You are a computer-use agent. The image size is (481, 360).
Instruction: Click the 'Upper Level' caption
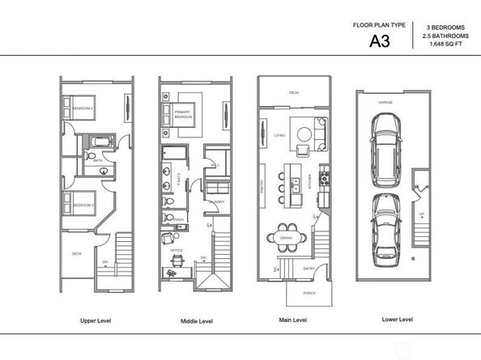pos(96,321)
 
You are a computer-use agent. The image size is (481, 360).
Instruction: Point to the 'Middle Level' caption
pos(196,321)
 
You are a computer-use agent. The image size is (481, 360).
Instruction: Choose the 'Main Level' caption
pos(292,321)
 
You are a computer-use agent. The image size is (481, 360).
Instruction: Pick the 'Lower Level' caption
pos(397,320)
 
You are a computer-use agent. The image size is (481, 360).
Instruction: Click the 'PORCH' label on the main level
pos(309,293)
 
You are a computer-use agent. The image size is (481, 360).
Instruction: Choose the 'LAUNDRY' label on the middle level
pos(215,201)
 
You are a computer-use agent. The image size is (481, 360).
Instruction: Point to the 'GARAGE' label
pos(386,103)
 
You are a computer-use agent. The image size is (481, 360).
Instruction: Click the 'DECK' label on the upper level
pos(77,253)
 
